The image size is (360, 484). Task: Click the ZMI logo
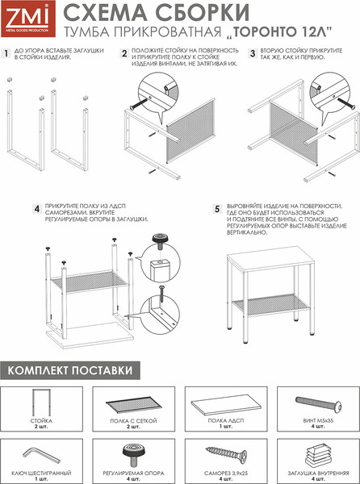click(x=28, y=19)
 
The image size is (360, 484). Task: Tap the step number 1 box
click(x=6, y=53)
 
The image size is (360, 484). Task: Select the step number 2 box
click(x=124, y=53)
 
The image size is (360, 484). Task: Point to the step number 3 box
click(x=253, y=53)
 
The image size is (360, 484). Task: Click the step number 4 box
click(x=37, y=209)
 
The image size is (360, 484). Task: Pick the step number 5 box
click(x=217, y=209)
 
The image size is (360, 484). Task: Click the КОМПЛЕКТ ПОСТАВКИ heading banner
click(x=70, y=370)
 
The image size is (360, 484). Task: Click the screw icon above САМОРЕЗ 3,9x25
click(x=226, y=454)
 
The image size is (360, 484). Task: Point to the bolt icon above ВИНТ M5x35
click(x=318, y=403)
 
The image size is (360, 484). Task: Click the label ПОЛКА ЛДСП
click(x=226, y=421)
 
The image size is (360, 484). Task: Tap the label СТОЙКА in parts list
click(x=41, y=421)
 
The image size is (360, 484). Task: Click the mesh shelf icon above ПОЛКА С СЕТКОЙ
click(x=134, y=404)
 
